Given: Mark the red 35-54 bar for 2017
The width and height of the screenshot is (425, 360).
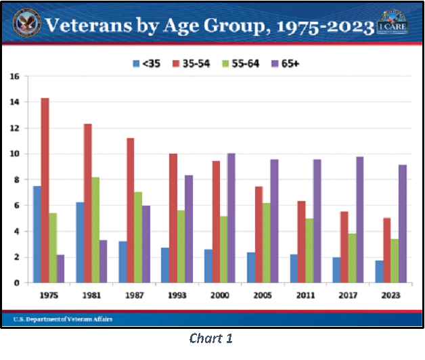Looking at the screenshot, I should point(344,247).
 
